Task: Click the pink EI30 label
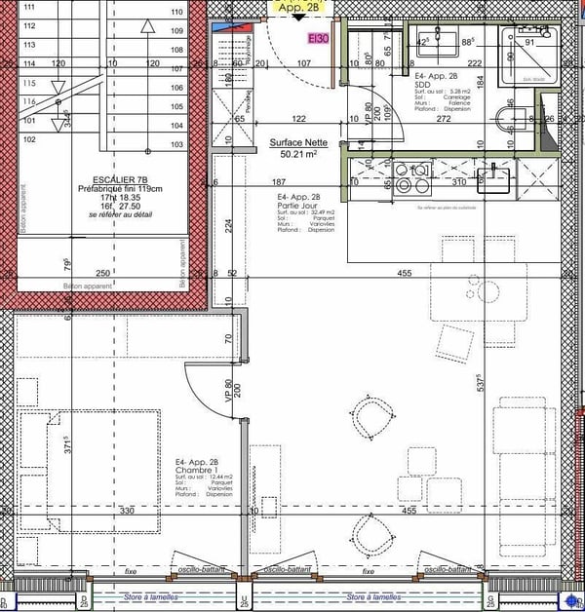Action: click(319, 39)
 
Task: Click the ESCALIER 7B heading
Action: click(121, 179)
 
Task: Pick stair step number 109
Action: click(177, 30)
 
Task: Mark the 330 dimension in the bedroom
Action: click(126, 510)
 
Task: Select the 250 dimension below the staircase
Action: click(101, 274)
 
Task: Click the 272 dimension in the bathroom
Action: click(443, 119)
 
